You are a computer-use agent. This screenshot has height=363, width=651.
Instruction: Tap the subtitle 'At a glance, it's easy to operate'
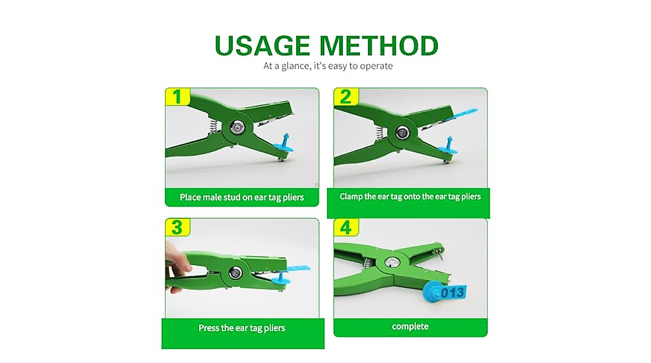click(x=328, y=66)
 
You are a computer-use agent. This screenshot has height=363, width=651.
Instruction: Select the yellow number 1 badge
click(x=177, y=96)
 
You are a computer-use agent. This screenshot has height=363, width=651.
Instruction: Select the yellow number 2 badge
click(x=346, y=96)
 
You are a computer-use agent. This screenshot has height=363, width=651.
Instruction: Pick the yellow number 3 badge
click(x=177, y=228)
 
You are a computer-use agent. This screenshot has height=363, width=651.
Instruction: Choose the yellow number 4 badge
click(x=346, y=228)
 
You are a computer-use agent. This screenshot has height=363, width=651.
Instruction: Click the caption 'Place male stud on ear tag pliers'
click(x=242, y=197)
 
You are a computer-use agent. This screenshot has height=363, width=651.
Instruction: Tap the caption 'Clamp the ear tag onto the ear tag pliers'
click(x=410, y=197)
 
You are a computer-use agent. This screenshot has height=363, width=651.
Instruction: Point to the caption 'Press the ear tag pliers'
click(x=242, y=328)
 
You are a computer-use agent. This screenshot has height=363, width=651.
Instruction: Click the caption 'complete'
click(x=410, y=327)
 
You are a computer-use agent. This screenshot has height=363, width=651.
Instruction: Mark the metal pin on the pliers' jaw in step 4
click(x=442, y=257)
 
